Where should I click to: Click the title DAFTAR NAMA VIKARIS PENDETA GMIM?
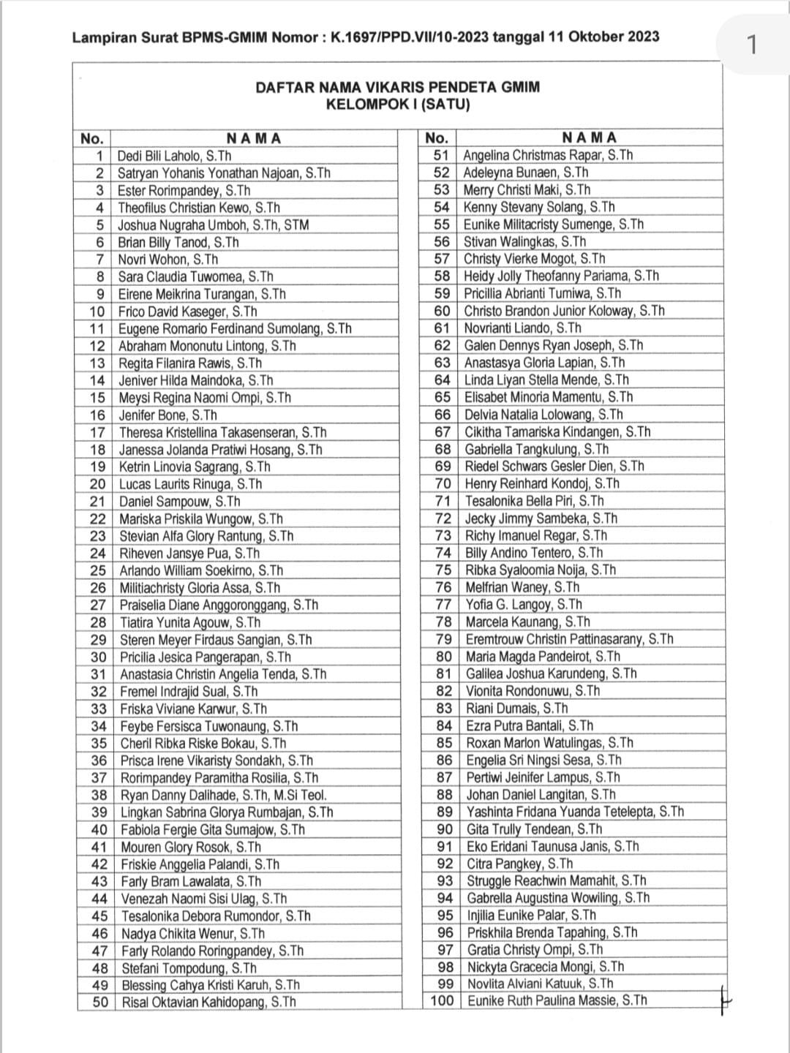click(x=397, y=88)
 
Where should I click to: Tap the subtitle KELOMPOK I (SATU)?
click(x=397, y=105)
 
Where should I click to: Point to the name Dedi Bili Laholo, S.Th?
click(x=174, y=156)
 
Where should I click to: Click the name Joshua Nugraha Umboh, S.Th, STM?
click(x=214, y=225)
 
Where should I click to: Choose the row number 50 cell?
click(x=99, y=1003)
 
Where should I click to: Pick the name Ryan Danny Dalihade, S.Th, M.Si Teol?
click(x=223, y=795)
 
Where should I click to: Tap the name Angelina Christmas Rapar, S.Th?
click(x=548, y=155)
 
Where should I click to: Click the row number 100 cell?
click(x=442, y=1000)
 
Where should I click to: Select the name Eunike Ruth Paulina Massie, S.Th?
click(x=557, y=1000)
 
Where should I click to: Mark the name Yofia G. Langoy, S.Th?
click(x=524, y=605)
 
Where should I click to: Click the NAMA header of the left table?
click(x=254, y=138)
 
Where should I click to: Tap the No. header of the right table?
click(x=437, y=137)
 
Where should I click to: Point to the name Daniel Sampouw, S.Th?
click(x=179, y=502)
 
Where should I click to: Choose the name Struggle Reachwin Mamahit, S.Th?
click(x=557, y=881)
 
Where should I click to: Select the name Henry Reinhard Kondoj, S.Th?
click(x=542, y=483)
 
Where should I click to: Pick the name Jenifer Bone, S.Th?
click(x=168, y=415)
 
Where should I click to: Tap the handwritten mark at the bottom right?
click(x=723, y=999)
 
